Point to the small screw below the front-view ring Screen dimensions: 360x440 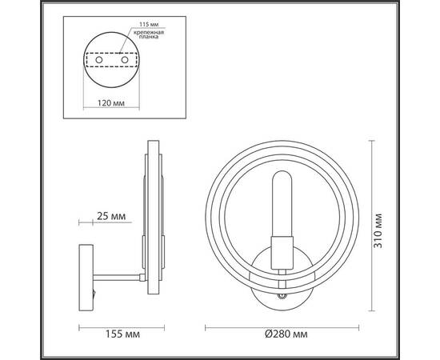point(281,295)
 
